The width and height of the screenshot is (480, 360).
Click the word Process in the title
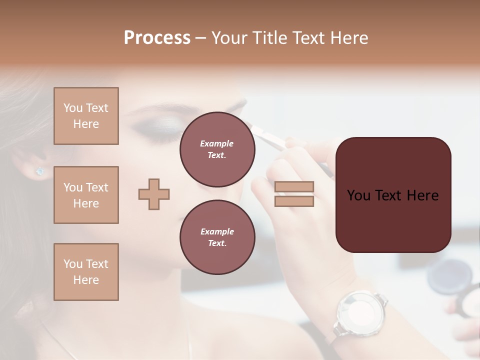(x=157, y=38)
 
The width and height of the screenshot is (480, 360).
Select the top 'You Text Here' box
(x=86, y=116)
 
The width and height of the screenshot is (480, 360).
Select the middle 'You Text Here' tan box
(x=86, y=195)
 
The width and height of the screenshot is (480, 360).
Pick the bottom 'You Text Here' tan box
(x=86, y=271)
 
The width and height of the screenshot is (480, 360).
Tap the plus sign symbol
(x=154, y=194)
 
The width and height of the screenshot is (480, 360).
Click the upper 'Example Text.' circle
(x=217, y=149)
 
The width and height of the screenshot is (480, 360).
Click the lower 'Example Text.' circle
(x=217, y=237)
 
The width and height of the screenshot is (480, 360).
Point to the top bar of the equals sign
(x=294, y=187)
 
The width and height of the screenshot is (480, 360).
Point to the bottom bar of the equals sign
(x=294, y=201)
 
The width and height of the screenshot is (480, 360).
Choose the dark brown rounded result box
(x=393, y=195)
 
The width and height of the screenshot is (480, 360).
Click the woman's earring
(x=40, y=171)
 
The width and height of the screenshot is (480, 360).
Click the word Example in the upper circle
(x=217, y=143)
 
